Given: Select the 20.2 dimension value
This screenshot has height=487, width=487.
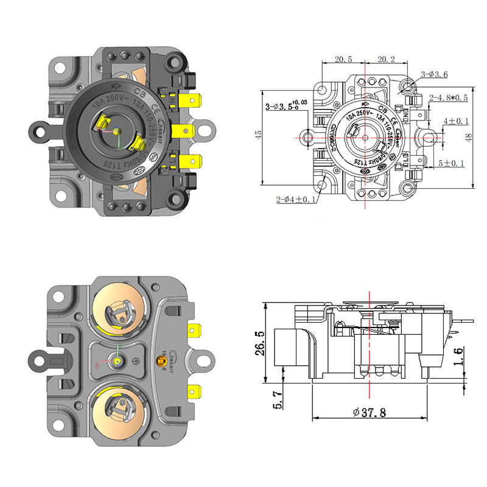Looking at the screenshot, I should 386,59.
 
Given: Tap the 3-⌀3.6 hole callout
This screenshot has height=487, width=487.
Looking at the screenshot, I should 434,74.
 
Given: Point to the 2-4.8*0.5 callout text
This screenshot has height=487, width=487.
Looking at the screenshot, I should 448,97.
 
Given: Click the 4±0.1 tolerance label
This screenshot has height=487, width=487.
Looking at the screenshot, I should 452,122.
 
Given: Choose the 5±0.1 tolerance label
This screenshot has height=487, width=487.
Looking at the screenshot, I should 452,163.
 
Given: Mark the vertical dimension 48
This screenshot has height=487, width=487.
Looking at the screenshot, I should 468,138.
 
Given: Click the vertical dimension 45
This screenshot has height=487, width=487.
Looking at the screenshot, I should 258,135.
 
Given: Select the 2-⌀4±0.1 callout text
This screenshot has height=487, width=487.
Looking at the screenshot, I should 296,199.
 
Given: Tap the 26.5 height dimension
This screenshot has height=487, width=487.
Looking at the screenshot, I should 259,343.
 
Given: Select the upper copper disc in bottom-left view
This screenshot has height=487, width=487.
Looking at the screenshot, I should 119,311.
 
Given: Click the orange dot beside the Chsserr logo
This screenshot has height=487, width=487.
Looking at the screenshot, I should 163,364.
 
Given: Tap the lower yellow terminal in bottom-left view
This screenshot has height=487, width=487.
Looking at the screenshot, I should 195,390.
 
